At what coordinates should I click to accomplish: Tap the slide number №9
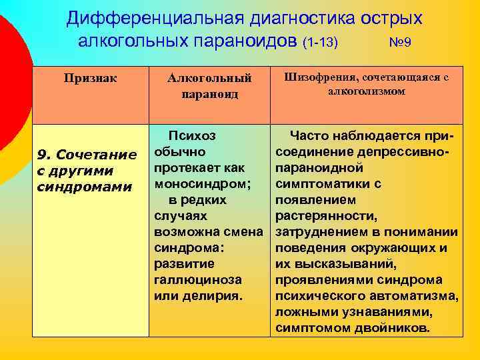399,43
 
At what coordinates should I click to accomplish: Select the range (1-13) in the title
320,43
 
